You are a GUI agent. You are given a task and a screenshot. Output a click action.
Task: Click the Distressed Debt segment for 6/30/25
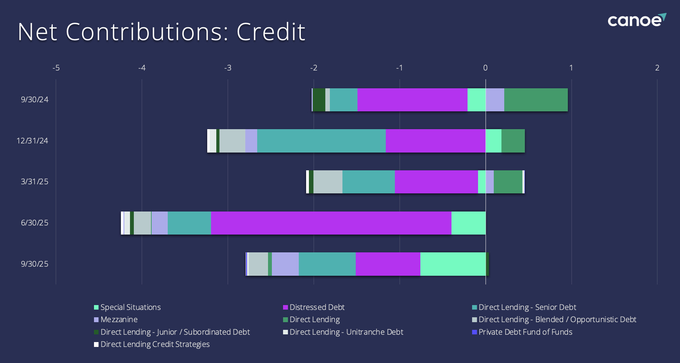(331, 223)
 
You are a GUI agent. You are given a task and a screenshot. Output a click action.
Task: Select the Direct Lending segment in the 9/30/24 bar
(536, 100)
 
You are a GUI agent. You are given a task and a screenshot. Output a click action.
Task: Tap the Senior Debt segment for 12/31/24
(321, 141)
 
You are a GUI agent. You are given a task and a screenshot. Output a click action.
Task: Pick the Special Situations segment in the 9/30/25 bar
(453, 264)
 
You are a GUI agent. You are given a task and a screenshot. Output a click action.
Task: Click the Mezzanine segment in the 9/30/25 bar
(285, 264)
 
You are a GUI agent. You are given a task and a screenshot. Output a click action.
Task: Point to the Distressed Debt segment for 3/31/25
(436, 182)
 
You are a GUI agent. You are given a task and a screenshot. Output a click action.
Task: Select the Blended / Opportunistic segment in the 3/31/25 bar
(328, 182)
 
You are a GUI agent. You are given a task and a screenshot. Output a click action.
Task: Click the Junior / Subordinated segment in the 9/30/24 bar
(319, 100)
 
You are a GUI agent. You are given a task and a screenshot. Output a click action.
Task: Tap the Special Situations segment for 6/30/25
(468, 223)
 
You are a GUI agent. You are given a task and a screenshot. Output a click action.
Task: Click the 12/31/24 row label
(32, 141)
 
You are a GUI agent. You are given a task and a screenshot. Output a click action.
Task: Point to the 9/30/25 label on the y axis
(34, 264)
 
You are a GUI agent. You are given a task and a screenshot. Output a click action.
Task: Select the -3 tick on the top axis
(227, 68)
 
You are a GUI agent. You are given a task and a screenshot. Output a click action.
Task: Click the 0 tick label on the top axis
(485, 68)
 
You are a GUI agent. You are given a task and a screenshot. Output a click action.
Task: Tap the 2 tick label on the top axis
(657, 68)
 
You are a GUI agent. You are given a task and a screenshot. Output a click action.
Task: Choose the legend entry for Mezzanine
(119, 320)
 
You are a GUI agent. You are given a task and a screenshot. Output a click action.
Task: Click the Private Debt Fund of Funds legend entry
(525, 332)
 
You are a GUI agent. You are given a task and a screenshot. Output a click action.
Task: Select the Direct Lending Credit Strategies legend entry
(155, 345)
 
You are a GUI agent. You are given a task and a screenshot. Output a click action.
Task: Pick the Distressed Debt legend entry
(317, 308)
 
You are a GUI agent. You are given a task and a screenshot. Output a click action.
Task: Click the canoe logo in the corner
(636, 20)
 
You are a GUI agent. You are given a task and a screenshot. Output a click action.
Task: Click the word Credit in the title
(271, 32)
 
